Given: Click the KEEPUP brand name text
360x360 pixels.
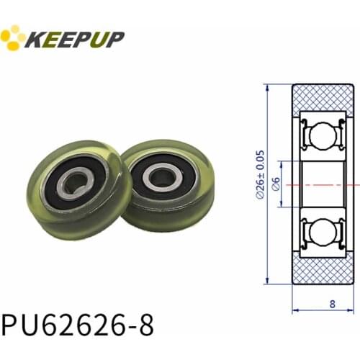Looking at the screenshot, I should coord(75,37).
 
